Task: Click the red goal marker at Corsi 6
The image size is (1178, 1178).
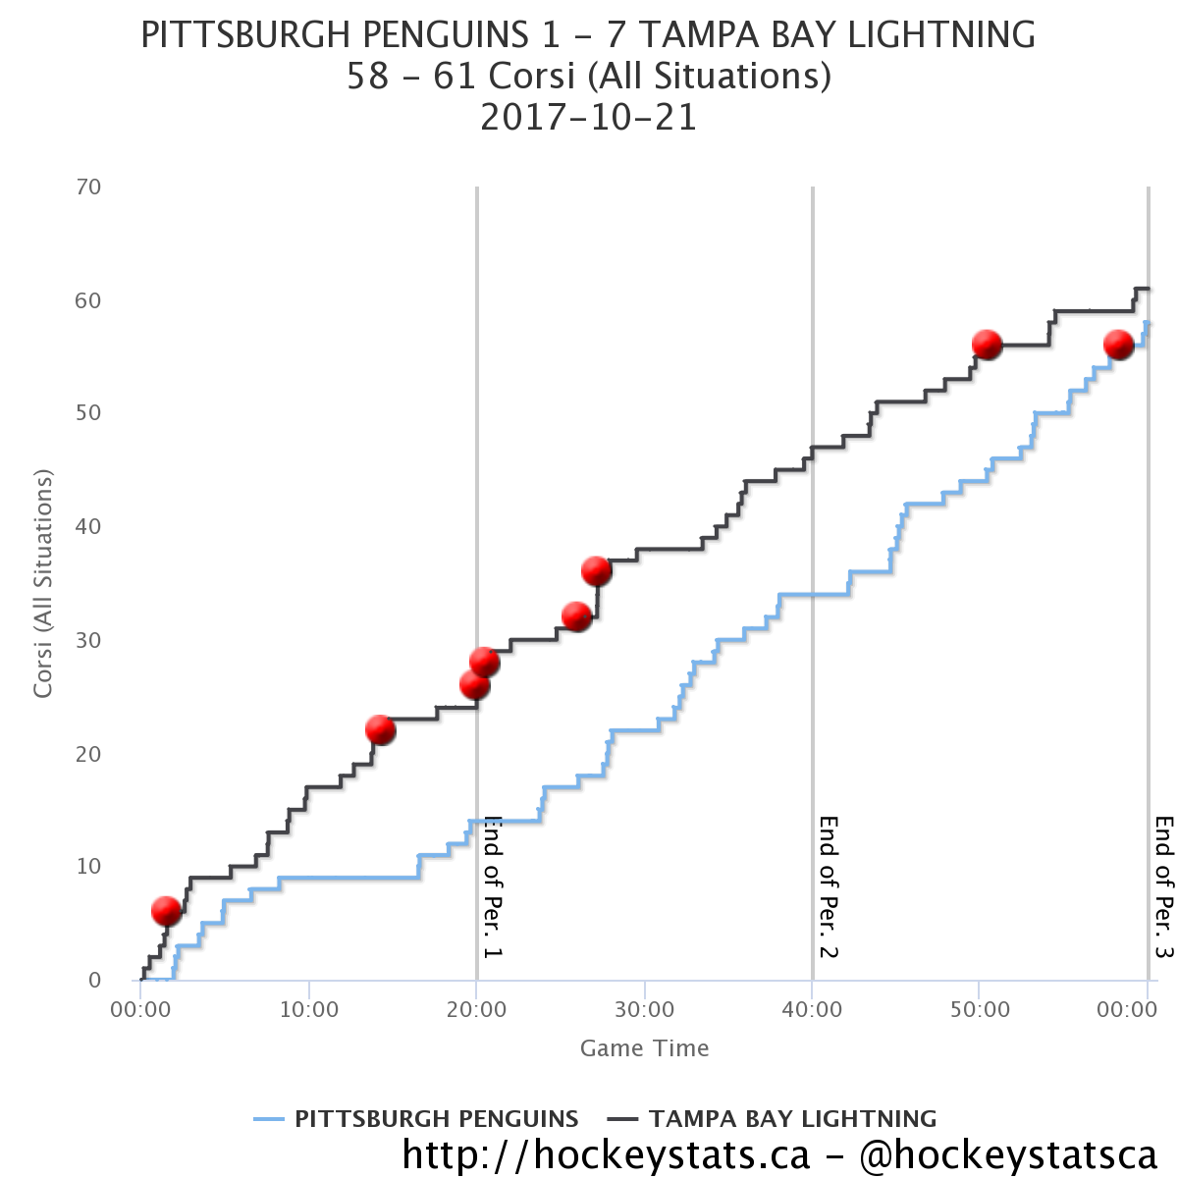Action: point(167,911)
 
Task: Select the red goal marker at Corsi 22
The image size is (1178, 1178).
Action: point(380,729)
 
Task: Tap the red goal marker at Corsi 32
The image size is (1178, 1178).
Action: point(576,616)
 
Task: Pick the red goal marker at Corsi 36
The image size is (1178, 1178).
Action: point(596,570)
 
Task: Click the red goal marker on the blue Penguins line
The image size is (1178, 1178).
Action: point(1118,345)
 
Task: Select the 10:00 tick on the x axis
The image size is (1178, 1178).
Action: point(308,1010)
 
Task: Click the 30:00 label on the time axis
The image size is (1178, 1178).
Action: point(644,1010)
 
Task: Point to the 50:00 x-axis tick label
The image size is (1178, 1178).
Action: point(980,1010)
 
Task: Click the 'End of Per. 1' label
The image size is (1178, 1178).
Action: point(493,886)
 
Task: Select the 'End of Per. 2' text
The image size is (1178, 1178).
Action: point(829,886)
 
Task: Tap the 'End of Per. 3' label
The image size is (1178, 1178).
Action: point(1164,886)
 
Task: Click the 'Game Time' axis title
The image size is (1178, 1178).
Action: point(644,1048)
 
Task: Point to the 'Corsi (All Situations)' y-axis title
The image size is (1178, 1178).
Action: point(42,583)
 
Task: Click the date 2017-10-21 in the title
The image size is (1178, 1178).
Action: point(588,118)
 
